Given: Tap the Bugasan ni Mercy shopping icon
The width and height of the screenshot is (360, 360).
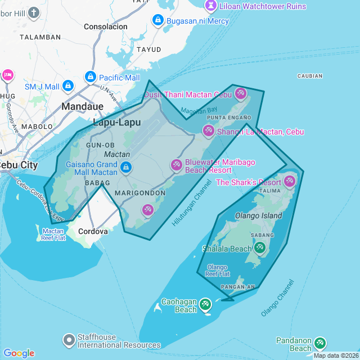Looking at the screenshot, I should (x=158, y=21).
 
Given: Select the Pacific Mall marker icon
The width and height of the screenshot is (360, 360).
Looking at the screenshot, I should (x=90, y=76).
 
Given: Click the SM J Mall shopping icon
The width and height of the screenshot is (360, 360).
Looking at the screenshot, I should (x=68, y=86).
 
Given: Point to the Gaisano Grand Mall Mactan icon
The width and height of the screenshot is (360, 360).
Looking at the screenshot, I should (x=127, y=168).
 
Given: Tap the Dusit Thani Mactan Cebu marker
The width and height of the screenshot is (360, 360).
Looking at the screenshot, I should (x=241, y=93).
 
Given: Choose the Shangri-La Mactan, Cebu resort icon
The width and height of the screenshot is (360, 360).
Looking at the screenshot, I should (x=208, y=131).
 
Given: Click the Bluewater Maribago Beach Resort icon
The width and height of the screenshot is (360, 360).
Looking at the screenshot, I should (x=176, y=165).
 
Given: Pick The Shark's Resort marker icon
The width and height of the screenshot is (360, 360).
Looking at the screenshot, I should (x=290, y=181).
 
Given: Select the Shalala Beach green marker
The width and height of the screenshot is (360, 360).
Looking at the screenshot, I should (x=259, y=247).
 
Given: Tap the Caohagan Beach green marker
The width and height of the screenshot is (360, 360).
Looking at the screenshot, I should (x=205, y=304).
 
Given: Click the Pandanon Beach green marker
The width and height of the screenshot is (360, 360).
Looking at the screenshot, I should (x=320, y=343).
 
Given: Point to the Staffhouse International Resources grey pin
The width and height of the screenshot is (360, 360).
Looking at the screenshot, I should (x=69, y=340).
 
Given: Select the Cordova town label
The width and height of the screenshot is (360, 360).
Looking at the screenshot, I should (x=93, y=231).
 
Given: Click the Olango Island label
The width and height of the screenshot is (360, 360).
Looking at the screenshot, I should (x=258, y=215).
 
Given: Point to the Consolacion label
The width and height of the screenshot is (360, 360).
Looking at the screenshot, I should (x=106, y=26).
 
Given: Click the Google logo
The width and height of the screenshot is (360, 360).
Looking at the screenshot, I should (x=19, y=353).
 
